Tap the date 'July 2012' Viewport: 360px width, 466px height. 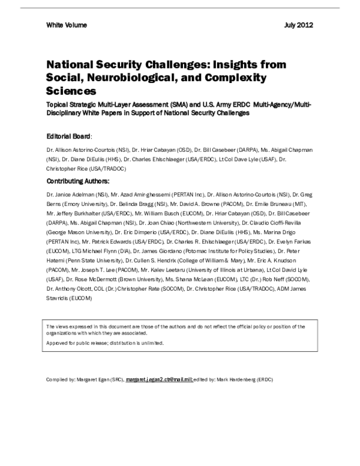[x=298, y=25]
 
